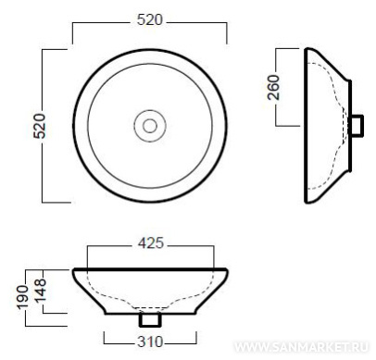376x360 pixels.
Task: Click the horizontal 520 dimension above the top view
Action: click(150, 20)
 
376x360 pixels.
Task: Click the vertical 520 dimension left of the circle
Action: click(40, 126)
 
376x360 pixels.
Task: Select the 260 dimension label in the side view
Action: click(273, 87)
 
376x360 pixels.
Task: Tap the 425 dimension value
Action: click(151, 243)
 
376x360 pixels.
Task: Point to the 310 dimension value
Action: click(150, 341)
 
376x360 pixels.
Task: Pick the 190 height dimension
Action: click(22, 297)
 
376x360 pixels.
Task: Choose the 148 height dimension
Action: click(40, 290)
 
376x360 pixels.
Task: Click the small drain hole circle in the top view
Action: click(150, 126)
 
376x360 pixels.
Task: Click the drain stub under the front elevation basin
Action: click(150, 319)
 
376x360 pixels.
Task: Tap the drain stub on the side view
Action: click(357, 126)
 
